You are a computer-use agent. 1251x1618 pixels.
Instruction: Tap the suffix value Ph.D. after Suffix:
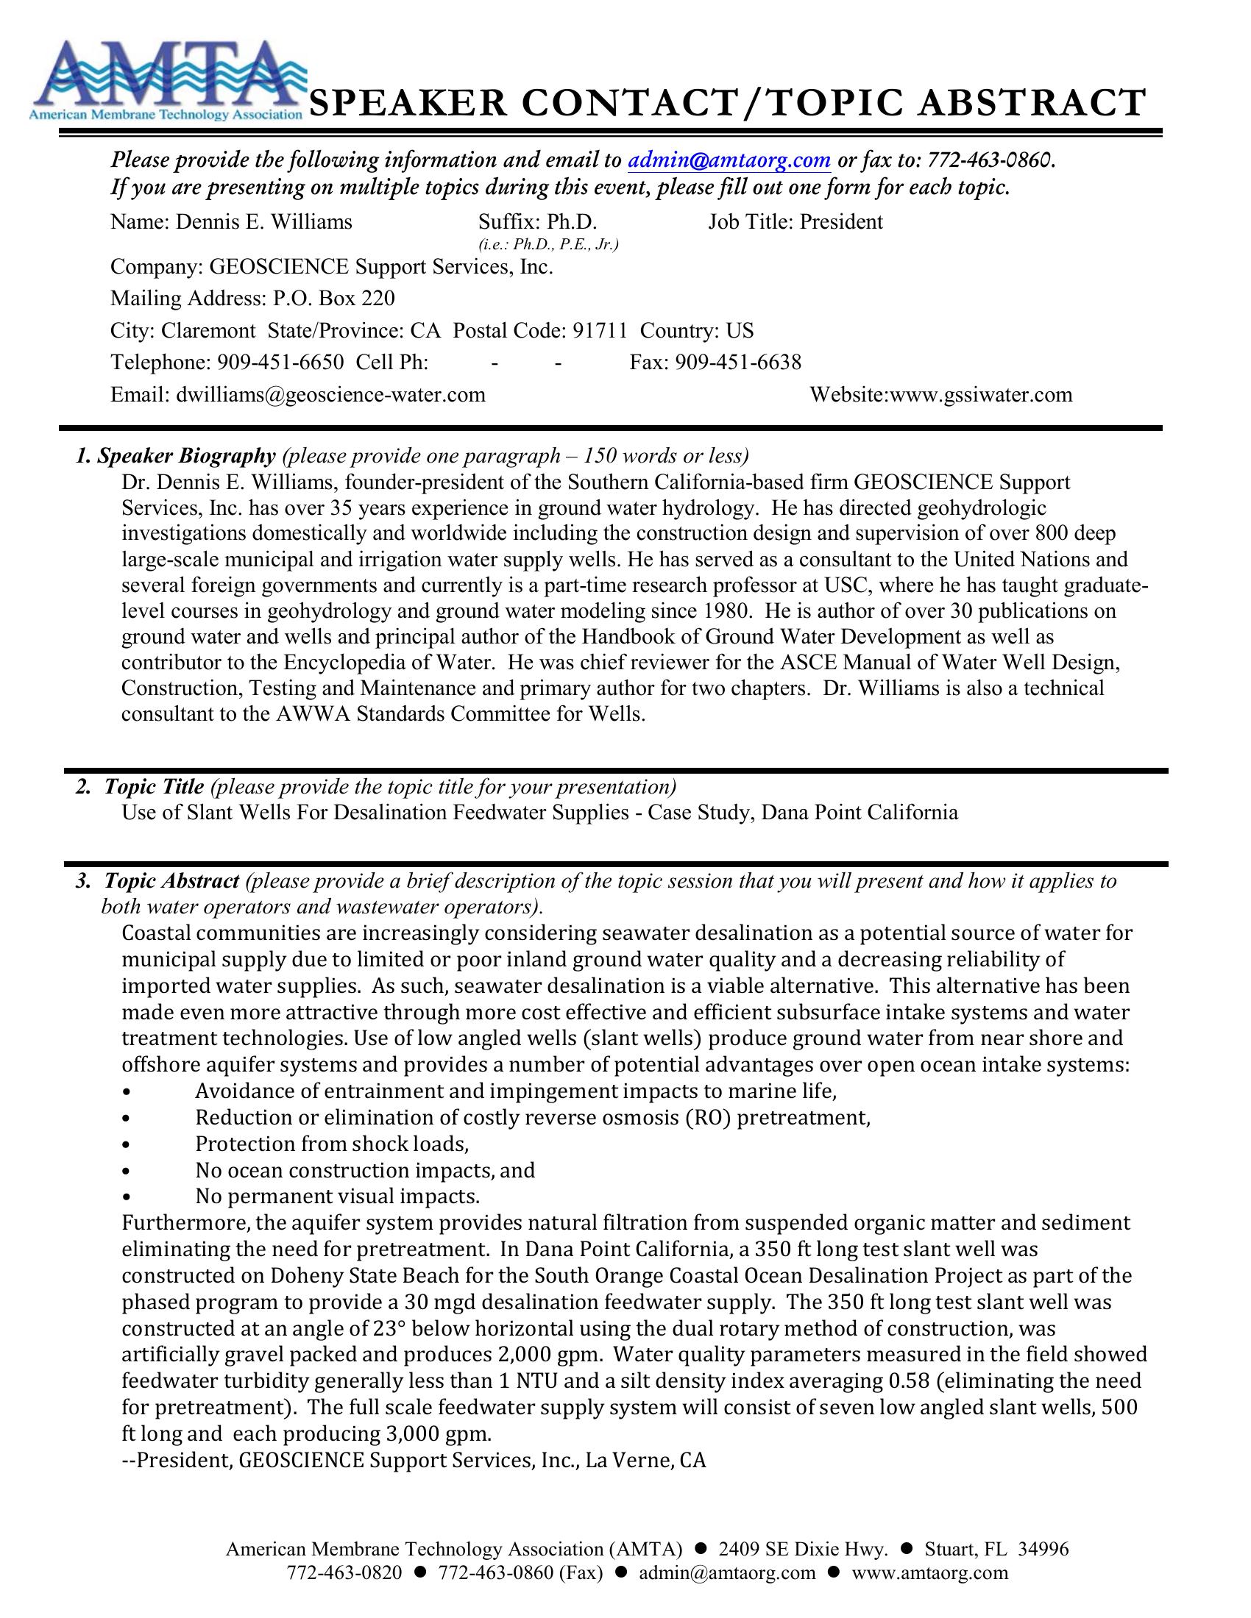pyautogui.click(x=571, y=221)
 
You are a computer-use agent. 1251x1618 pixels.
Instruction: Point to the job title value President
pyautogui.click(x=841, y=221)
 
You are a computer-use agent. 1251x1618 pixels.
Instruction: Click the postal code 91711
pyautogui.click(x=600, y=330)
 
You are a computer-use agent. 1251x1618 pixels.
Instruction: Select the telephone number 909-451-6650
pyautogui.click(x=280, y=363)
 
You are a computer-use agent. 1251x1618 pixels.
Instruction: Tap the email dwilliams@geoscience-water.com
pyautogui.click(x=330, y=394)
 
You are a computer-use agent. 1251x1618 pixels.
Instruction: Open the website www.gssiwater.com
pyautogui.click(x=980, y=394)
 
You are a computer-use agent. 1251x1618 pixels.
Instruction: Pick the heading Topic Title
pyautogui.click(x=154, y=786)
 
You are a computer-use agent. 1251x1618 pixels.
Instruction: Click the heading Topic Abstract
pyautogui.click(x=172, y=881)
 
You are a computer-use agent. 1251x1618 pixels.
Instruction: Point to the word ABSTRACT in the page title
pyautogui.click(x=1032, y=102)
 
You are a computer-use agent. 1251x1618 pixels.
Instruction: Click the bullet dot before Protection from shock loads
pyautogui.click(x=128, y=1145)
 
